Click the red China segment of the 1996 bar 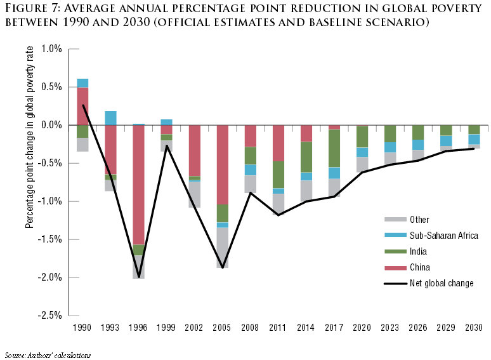(x=138, y=185)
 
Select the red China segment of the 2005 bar (x=223, y=164)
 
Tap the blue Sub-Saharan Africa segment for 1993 (x=110, y=118)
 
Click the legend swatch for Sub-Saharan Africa (x=395, y=236)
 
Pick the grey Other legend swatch (x=395, y=220)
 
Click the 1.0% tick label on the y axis (x=51, y=49)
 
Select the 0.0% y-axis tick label (x=51, y=125)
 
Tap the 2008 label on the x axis (x=251, y=328)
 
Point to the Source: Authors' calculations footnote (x=48, y=355)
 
